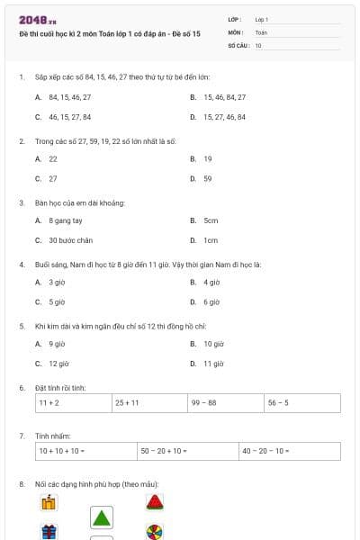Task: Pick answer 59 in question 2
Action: coord(208,178)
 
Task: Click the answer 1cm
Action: coord(211,240)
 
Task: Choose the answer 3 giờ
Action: coord(57,282)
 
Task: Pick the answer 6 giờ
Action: coord(211,302)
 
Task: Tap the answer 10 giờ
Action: coord(213,344)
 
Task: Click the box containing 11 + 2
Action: coord(74,403)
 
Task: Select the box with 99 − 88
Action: coord(226,403)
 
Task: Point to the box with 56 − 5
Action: coord(302,403)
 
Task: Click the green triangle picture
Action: coord(102,517)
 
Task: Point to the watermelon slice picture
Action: coord(155,501)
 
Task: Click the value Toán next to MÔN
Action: coord(261,31)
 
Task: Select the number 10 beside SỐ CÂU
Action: coord(258,44)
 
